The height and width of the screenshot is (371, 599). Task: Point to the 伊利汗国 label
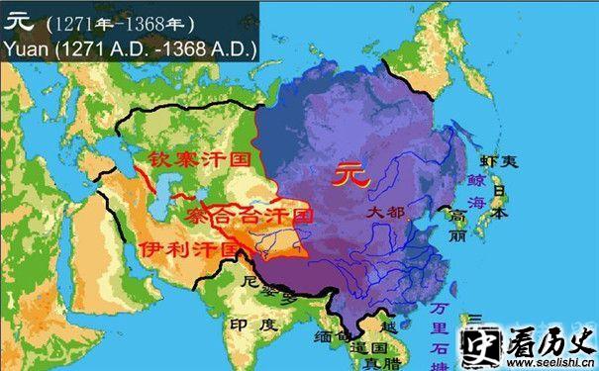tap(188, 247)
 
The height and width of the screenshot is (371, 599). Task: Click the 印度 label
tap(248, 325)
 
